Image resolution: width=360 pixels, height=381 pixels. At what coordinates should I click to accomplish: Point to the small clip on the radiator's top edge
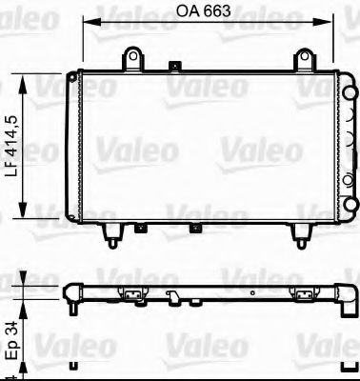[x=173, y=67]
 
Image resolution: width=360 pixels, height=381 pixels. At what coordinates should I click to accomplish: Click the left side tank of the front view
[x=72, y=147]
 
